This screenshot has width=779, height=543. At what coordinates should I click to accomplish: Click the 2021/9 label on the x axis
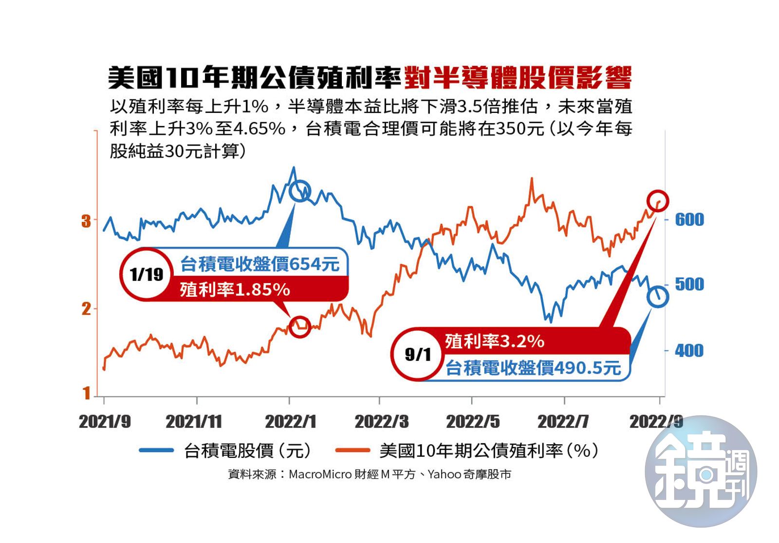(105, 421)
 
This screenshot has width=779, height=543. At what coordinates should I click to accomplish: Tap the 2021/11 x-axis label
(194, 421)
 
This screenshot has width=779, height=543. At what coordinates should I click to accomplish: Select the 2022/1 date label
(291, 421)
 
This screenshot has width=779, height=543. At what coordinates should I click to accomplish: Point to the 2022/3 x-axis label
(382, 421)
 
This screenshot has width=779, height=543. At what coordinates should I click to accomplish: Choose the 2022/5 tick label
(473, 421)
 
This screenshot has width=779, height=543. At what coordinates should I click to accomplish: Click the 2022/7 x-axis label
(563, 421)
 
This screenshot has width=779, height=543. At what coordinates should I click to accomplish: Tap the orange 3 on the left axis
(86, 221)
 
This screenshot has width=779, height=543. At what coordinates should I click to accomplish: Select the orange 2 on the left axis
(86, 308)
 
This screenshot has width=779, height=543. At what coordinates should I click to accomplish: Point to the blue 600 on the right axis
(689, 220)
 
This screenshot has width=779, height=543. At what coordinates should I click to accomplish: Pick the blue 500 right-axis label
(689, 284)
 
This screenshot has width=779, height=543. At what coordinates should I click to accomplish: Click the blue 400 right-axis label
(689, 350)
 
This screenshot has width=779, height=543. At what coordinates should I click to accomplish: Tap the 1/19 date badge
(146, 274)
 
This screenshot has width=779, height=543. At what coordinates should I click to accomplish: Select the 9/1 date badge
(418, 354)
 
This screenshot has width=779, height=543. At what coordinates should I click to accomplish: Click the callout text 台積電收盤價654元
(260, 264)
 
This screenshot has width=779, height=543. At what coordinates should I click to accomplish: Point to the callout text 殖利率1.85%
(235, 290)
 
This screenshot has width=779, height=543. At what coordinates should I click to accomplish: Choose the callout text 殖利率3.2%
(494, 341)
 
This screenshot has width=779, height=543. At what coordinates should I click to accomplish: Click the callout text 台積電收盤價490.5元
(533, 368)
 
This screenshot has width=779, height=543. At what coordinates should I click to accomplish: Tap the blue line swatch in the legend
(156, 451)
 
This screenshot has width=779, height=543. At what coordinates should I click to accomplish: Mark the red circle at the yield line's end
(658, 201)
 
